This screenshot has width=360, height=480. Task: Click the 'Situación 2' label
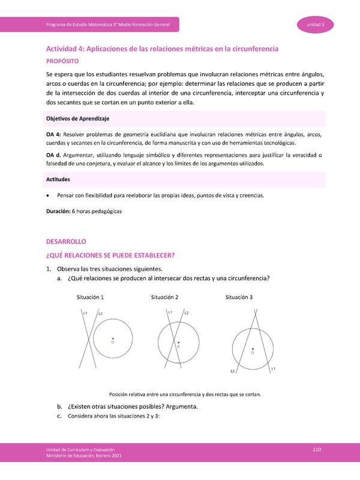[x=164, y=298]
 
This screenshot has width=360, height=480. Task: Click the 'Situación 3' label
[x=239, y=298]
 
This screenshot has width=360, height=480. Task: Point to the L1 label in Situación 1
[x=86, y=313]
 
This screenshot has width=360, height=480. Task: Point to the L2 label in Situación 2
[x=187, y=313]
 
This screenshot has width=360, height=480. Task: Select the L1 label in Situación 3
[x=273, y=368]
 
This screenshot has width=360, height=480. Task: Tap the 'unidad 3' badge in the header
[x=316, y=25]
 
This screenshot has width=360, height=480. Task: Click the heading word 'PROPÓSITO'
[x=67, y=61]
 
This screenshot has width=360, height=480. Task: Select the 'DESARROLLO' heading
[x=67, y=241]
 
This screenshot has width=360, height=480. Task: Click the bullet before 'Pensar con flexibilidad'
[x=48, y=196]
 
